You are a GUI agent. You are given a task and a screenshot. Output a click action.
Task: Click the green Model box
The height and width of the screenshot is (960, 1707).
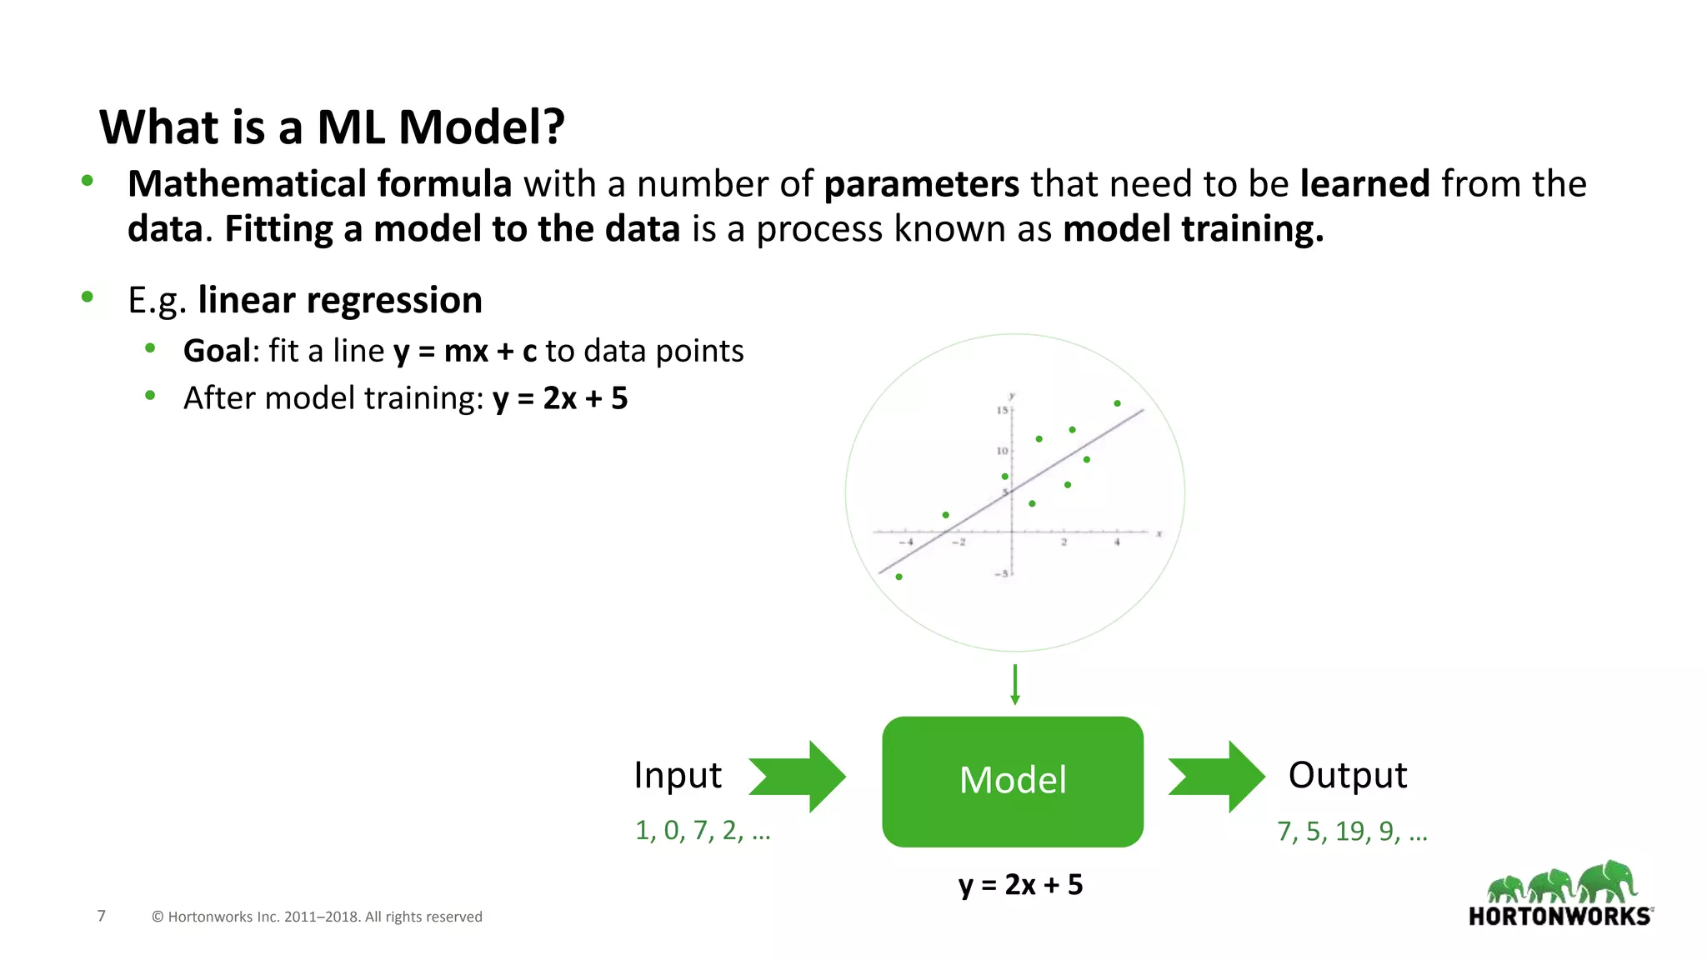click(x=1012, y=781)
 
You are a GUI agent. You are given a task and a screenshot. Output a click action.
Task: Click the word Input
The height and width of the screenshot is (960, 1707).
click(x=677, y=775)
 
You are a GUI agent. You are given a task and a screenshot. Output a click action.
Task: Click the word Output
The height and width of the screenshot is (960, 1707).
click(x=1347, y=775)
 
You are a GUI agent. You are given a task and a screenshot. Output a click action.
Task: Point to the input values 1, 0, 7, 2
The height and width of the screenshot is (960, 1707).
click(x=702, y=830)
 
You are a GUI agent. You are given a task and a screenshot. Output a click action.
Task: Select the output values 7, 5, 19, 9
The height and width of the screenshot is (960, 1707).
click(x=1351, y=831)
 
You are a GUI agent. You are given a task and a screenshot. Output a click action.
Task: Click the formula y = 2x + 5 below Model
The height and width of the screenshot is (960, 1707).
click(x=1020, y=884)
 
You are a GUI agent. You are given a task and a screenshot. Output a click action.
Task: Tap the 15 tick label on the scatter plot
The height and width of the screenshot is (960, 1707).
click(x=1002, y=410)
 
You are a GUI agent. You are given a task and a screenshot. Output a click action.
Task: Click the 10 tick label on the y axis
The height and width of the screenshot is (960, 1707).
click(x=1002, y=451)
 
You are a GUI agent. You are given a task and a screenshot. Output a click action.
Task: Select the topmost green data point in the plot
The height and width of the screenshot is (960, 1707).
click(x=1117, y=403)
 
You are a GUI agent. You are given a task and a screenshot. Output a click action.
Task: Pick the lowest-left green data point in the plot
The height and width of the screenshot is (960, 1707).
click(x=899, y=577)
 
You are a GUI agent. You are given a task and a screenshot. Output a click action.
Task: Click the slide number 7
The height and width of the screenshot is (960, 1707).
click(x=102, y=916)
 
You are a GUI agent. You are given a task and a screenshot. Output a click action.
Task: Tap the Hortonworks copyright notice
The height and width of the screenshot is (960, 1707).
click(x=317, y=917)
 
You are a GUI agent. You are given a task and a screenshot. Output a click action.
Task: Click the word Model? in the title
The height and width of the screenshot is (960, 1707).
click(x=481, y=127)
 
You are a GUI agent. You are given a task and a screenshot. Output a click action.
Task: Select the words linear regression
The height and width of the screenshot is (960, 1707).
click(x=340, y=300)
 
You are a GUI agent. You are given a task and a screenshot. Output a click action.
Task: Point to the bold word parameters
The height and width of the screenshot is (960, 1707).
click(x=921, y=184)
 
